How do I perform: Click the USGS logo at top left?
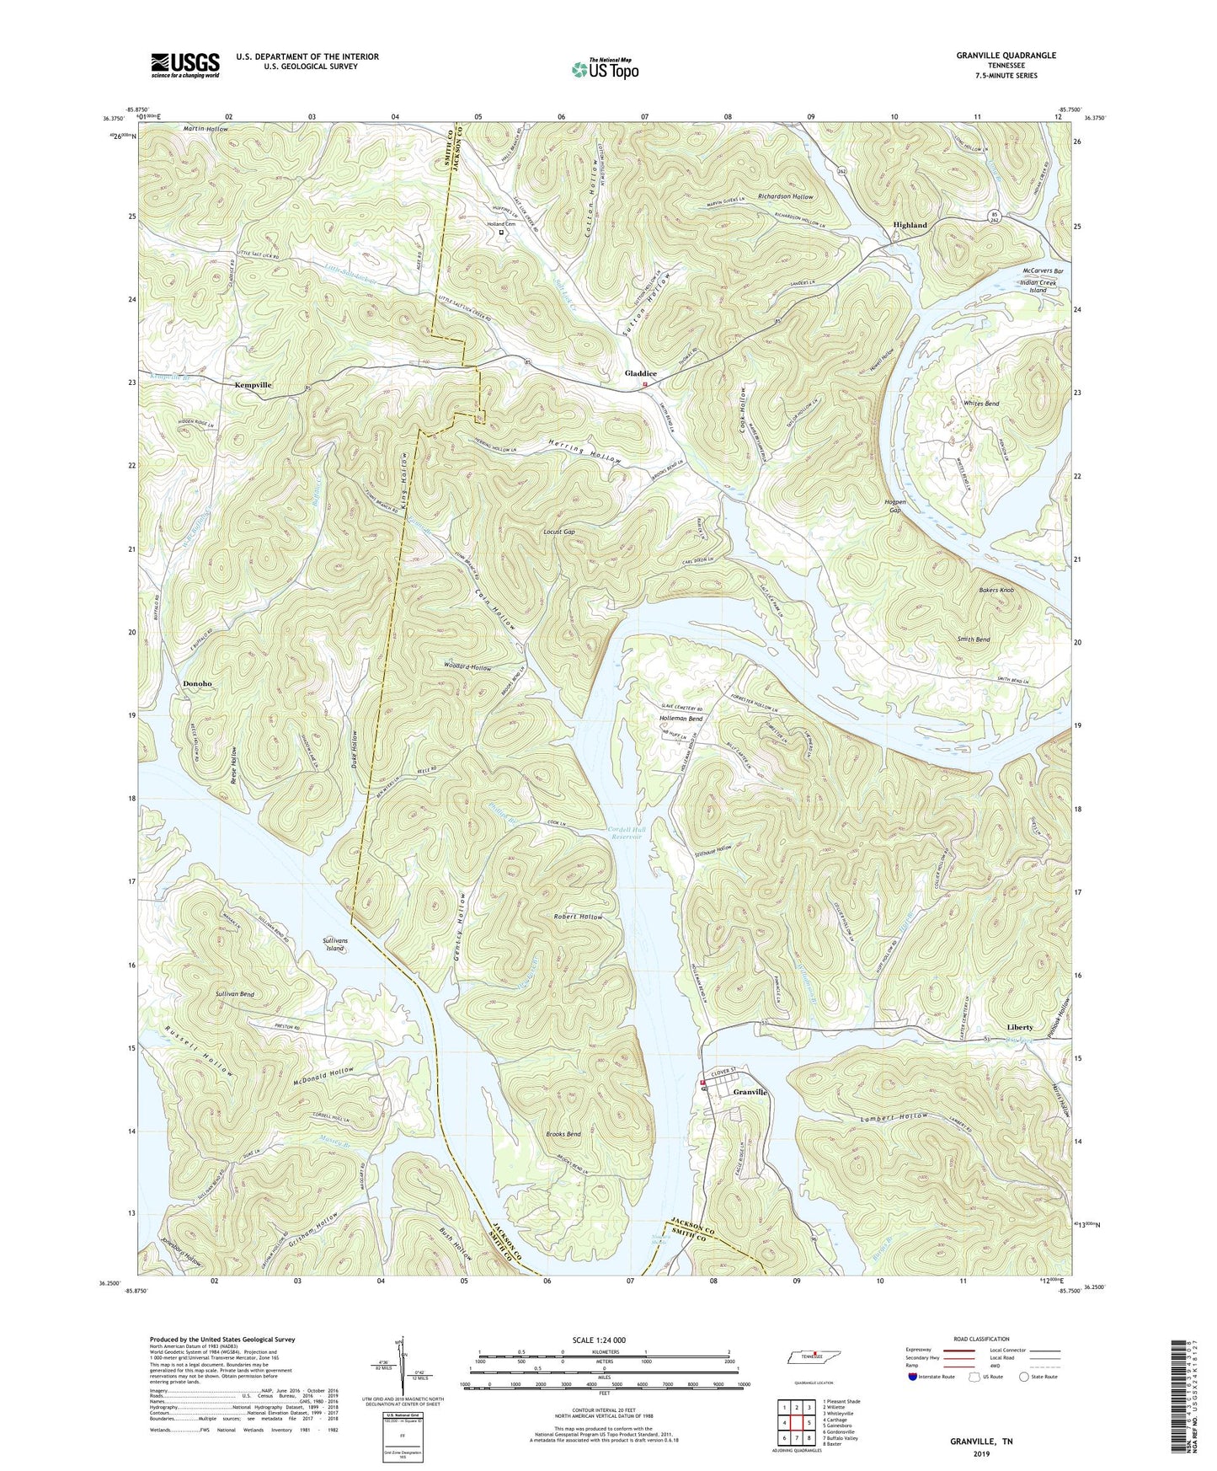point(185,64)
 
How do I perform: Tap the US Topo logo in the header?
point(604,70)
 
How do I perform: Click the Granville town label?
point(750,1092)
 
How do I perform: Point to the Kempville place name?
point(253,384)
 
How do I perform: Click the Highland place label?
point(910,225)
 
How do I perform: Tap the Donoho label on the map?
point(197,683)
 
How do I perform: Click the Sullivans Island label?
point(335,944)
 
